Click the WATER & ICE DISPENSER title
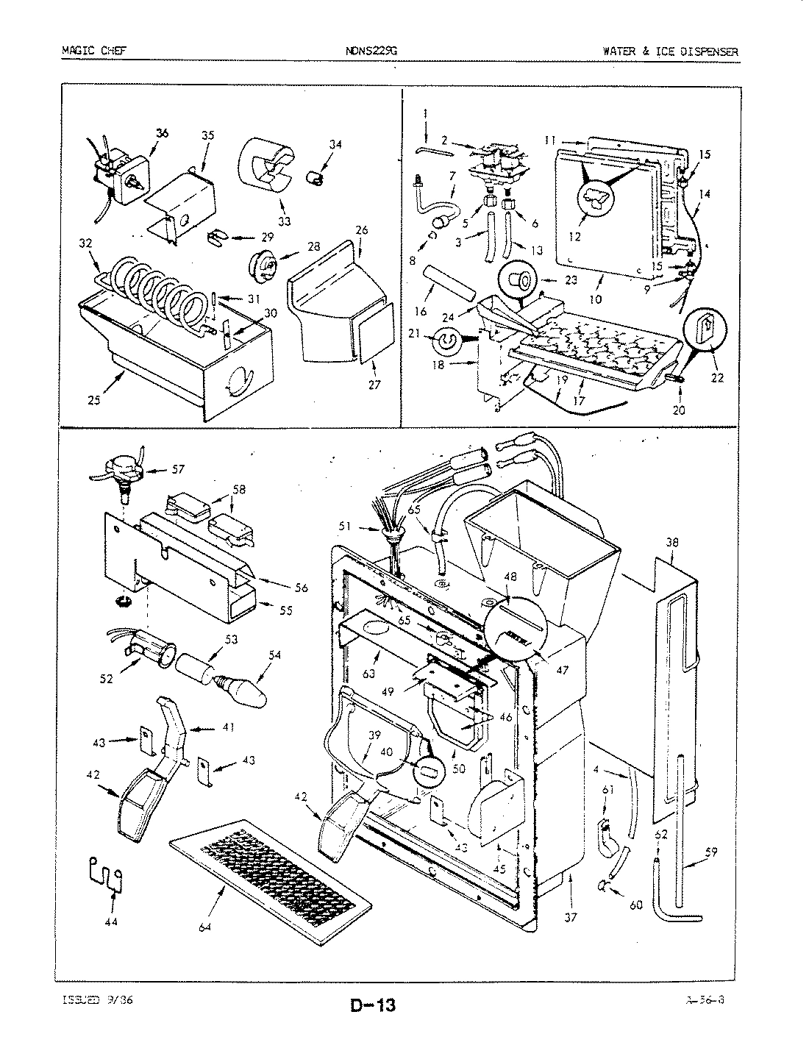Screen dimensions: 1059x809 coord(669,51)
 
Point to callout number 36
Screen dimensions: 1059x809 coord(162,133)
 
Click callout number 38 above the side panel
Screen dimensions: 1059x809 coord(671,543)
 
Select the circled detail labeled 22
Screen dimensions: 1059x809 coord(705,326)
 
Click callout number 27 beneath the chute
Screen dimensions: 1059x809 coord(374,385)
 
